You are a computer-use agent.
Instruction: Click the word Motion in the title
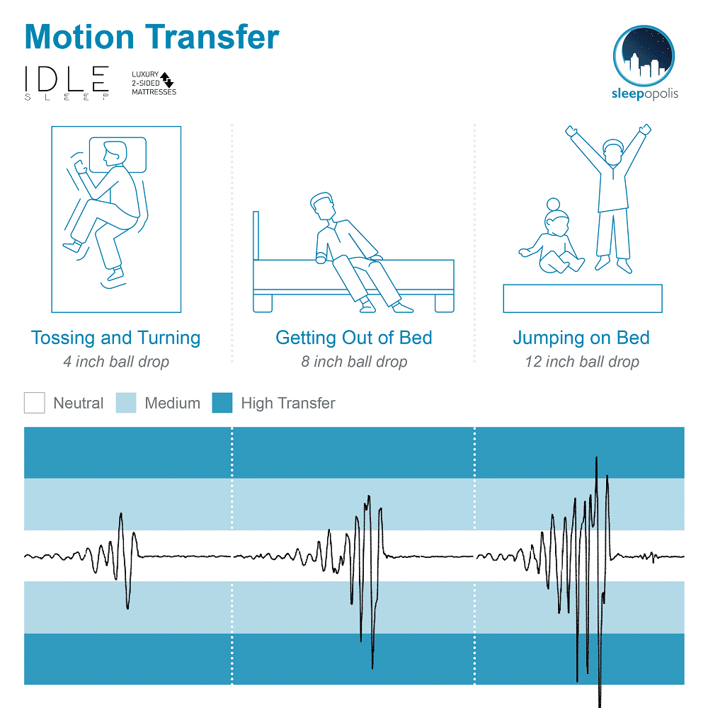79,37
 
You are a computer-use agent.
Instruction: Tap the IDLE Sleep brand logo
67,83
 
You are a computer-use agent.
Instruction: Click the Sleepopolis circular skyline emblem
644,56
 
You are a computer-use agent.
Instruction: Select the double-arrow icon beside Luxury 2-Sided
167,79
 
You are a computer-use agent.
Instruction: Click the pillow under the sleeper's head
118,155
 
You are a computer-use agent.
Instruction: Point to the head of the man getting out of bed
322,206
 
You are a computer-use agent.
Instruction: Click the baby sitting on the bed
552,236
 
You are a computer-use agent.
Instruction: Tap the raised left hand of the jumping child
571,132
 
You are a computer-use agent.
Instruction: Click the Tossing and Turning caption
115,338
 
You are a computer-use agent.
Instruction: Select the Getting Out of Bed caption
354,338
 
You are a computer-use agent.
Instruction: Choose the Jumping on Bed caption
581,338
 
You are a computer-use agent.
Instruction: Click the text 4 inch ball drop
116,362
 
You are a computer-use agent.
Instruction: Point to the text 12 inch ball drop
582,362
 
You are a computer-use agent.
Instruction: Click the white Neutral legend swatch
34,403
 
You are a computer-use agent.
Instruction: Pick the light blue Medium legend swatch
126,403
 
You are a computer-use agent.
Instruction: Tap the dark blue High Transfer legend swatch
222,403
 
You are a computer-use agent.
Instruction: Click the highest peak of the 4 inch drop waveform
120,514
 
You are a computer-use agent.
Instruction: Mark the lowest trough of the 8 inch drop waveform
372,668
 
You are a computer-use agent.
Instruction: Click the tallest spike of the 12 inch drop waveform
596,458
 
